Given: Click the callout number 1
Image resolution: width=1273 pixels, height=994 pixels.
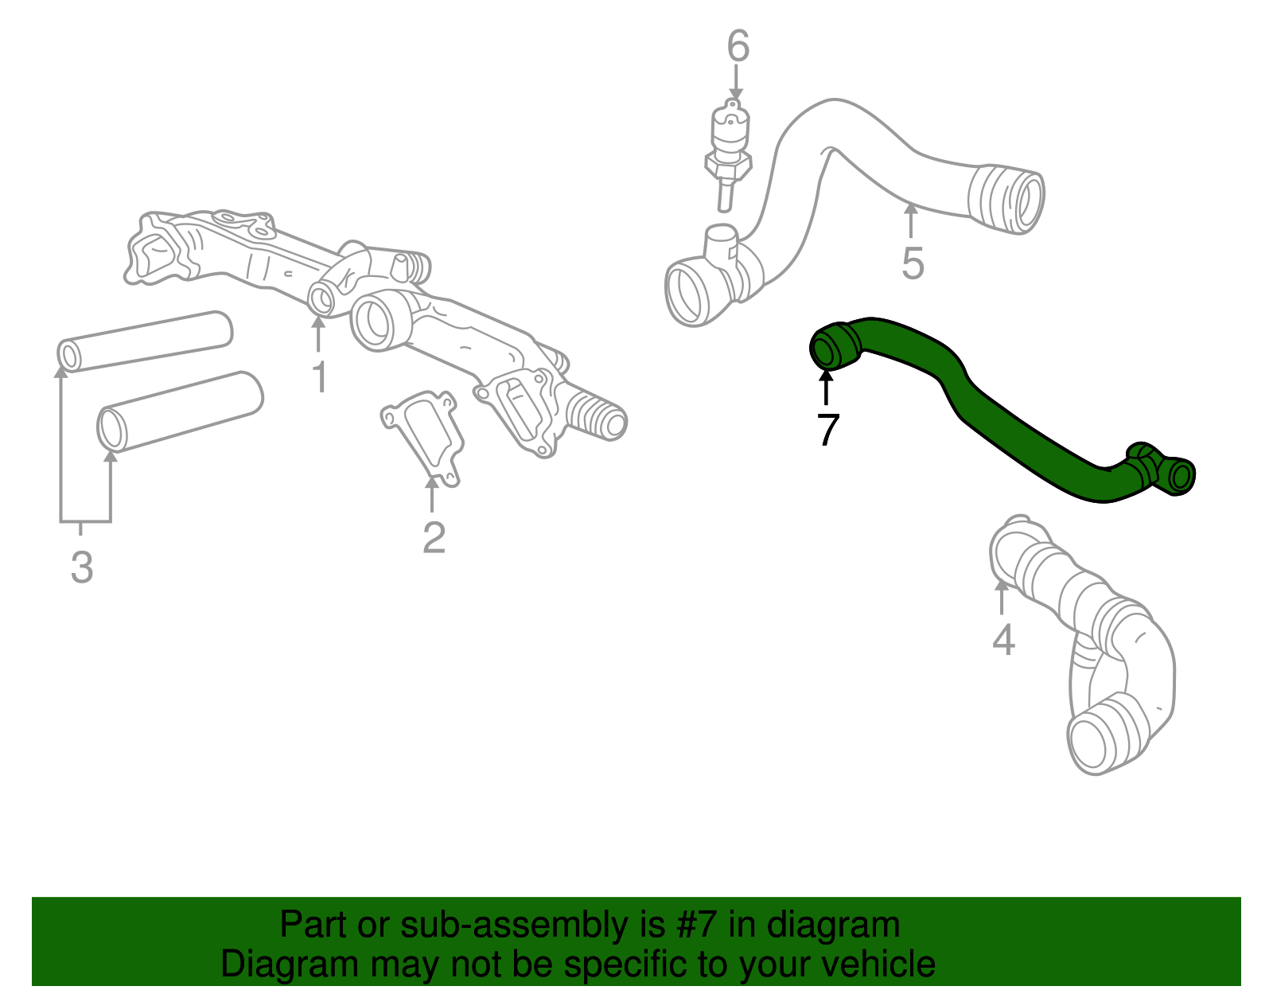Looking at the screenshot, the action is pos(320,377).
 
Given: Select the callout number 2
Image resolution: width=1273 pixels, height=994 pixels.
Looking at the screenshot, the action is pos(434,537).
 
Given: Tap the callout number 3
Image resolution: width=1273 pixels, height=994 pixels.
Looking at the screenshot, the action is pos(82,567).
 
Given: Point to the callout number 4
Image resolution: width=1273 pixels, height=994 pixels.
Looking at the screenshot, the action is pos(1003,640).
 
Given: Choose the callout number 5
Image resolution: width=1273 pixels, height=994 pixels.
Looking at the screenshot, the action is pos(913,263).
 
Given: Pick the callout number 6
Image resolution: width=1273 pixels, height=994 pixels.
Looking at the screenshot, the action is pos(738,45).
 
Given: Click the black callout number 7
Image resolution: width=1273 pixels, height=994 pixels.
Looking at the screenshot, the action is pos(827,430).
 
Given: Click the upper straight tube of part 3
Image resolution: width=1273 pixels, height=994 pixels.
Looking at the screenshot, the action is pos(145,341).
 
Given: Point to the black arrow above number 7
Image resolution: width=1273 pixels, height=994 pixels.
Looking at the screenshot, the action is pos(826,388).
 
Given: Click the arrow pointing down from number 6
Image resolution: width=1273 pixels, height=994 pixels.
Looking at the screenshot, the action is pos(736,83).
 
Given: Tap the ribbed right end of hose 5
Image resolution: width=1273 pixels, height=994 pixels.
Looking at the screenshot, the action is pos(1007,199).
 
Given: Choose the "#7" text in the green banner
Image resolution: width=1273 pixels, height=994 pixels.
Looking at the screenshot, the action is pos(696,924).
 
